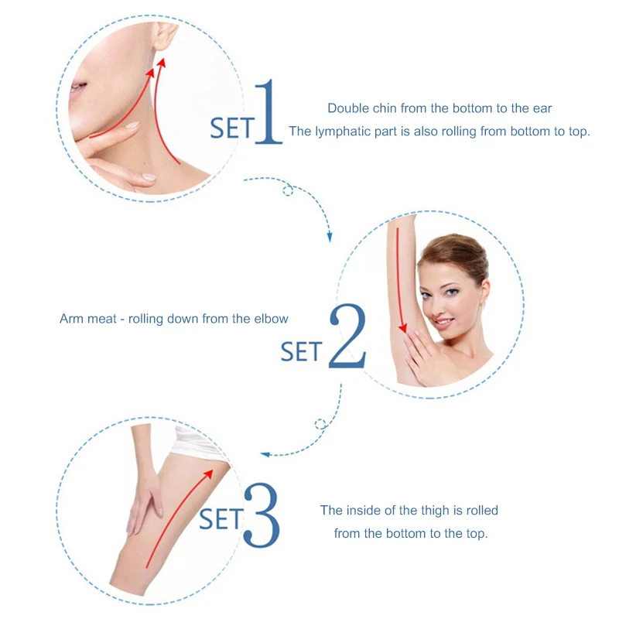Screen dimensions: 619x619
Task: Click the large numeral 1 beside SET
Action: (268, 111)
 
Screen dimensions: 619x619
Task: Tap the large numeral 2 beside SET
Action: (347, 336)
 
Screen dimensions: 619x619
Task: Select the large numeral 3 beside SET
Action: (262, 515)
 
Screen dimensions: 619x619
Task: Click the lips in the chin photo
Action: (78, 87)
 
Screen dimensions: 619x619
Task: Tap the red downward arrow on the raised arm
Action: (399, 280)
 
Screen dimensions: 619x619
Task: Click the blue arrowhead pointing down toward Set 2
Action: (330, 238)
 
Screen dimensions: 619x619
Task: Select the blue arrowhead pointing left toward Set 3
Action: (265, 454)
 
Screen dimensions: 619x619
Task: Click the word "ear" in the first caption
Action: (542, 108)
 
